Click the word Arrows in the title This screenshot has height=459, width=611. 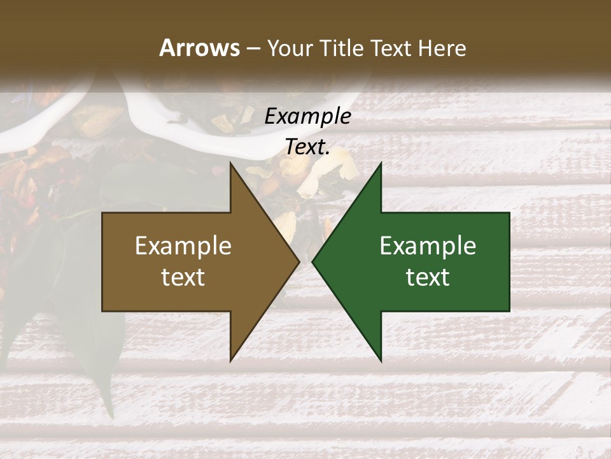[199, 48]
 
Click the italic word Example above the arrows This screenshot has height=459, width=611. [307, 116]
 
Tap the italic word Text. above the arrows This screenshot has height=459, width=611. [307, 147]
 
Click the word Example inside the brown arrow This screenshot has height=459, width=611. [183, 246]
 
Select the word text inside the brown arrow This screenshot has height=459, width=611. [183, 277]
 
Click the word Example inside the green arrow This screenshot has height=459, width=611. [428, 246]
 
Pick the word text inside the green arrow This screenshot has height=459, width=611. [428, 277]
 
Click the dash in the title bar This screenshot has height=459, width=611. [253, 48]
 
